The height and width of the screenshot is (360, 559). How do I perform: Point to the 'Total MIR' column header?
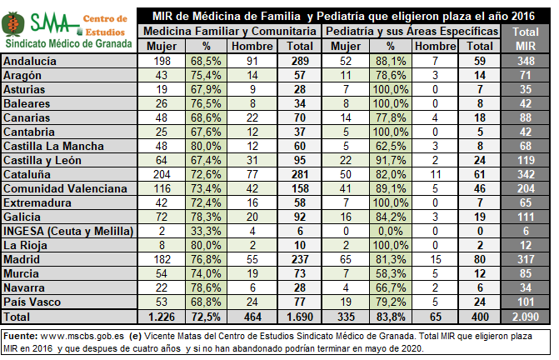[x=527, y=37]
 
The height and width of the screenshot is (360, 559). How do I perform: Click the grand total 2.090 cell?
[x=527, y=317]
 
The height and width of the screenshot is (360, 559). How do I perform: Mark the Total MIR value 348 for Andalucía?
[x=527, y=62]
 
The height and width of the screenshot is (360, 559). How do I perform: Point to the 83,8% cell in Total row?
[x=390, y=317]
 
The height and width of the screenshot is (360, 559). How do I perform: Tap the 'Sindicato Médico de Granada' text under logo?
[x=67, y=42]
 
